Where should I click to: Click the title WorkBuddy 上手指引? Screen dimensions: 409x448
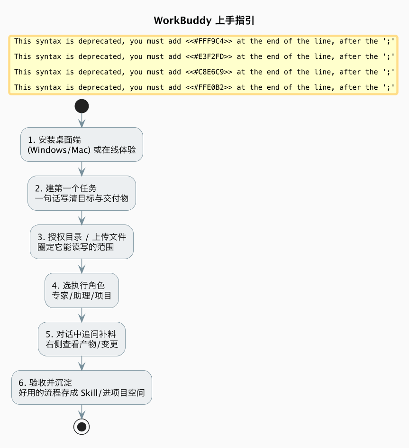click(204, 20)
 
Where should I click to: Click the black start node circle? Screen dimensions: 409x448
click(82, 106)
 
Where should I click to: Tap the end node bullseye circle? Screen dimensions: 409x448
click(82, 427)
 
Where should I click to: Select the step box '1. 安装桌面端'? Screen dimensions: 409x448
click(82, 145)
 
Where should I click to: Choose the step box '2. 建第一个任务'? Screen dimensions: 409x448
click(82, 193)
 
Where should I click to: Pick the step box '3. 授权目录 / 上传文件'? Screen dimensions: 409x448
click(82, 242)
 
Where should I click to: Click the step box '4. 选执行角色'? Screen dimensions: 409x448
click(82, 290)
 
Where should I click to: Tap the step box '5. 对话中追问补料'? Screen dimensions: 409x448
click(82, 339)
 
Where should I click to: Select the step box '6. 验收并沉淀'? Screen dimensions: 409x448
click(82, 387)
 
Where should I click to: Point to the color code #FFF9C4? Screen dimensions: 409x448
click(209, 41)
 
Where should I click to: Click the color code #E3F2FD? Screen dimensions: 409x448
click(209, 56)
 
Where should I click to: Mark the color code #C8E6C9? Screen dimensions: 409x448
click(209, 72)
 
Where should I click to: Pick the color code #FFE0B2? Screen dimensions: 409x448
click(209, 87)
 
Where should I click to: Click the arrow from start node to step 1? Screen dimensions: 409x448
click(82, 121)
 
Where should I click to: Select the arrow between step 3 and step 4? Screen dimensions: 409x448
click(82, 266)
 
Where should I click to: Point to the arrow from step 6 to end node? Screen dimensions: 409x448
click(82, 412)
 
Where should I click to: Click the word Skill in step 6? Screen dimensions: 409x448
click(89, 393)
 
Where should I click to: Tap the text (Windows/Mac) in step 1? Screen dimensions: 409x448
click(59, 150)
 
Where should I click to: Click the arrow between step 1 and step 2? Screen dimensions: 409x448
click(82, 169)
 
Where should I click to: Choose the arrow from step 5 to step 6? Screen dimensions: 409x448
click(82, 364)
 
